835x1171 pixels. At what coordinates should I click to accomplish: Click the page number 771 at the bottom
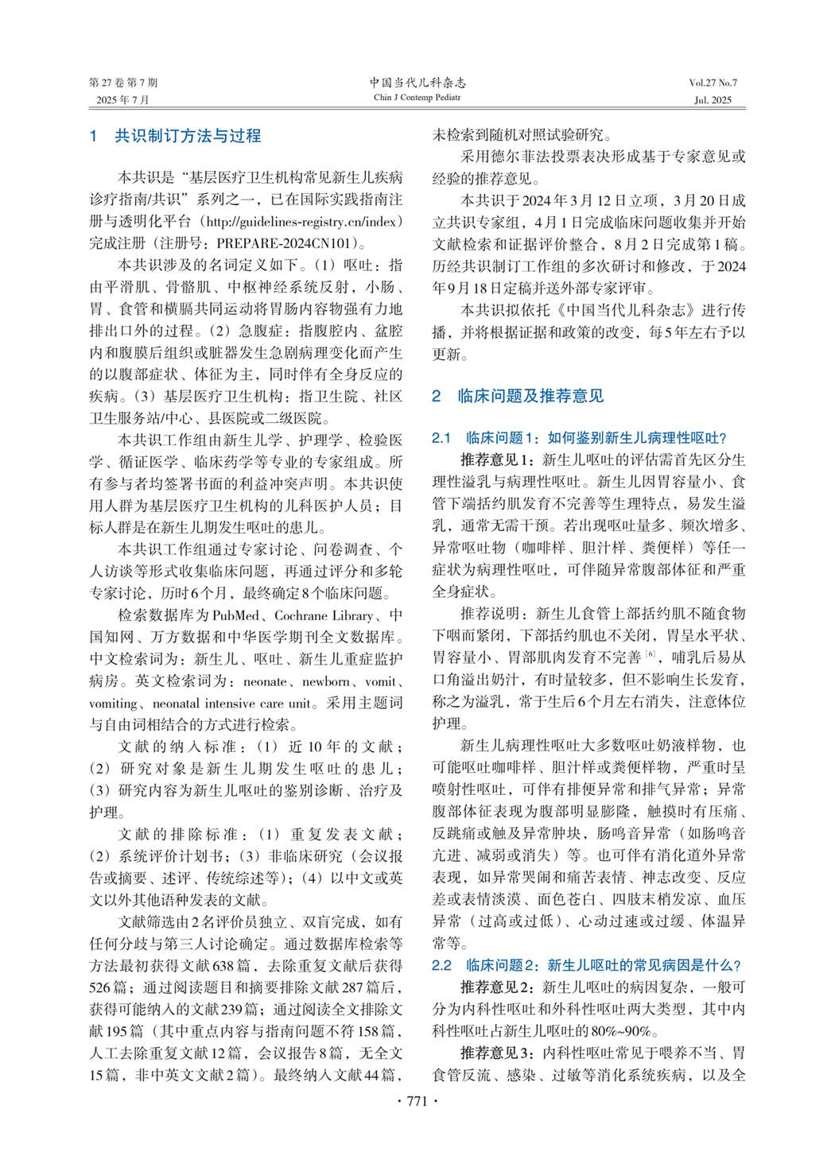pos(417,1101)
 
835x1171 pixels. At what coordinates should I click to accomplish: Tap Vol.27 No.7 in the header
pos(713,83)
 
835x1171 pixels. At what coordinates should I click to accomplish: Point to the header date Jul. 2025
pos(713,100)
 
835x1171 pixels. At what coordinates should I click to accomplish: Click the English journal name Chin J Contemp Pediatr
pos(417,98)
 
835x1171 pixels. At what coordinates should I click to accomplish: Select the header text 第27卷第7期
pos(123,83)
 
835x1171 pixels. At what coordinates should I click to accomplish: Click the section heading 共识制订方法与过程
pos(188,136)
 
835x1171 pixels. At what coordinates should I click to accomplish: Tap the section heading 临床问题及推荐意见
pos(530,396)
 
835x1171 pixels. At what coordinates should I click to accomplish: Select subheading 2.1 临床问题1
pos(579,437)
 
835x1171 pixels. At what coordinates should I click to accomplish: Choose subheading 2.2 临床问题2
pos(587,965)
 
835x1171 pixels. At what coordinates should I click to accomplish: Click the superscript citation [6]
pos(651,654)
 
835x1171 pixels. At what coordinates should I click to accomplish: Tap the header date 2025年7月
pos(123,100)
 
